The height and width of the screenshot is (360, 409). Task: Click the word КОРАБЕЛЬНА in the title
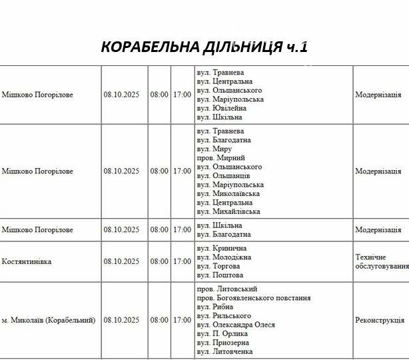pos(149,47)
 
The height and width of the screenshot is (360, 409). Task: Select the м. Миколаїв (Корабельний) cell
pos(49,320)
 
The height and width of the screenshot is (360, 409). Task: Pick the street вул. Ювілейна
pos(222,108)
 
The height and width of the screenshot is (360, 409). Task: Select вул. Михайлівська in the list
pos(228,211)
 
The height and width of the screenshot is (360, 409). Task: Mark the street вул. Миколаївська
pos(228,193)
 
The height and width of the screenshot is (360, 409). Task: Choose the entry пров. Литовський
pos(225,289)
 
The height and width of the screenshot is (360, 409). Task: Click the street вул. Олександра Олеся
pos(236,325)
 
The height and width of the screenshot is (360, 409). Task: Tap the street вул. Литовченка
pos(225,351)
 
